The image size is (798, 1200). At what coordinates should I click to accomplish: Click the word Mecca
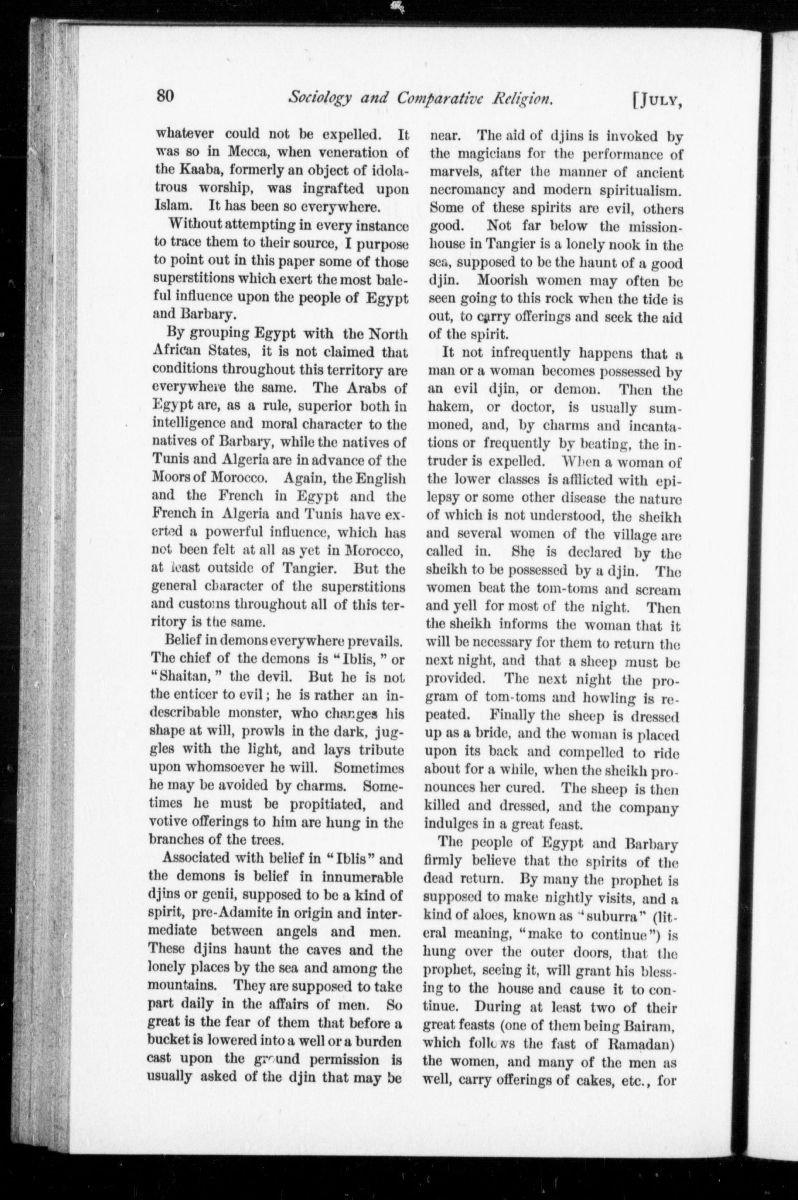[x=249, y=152]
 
